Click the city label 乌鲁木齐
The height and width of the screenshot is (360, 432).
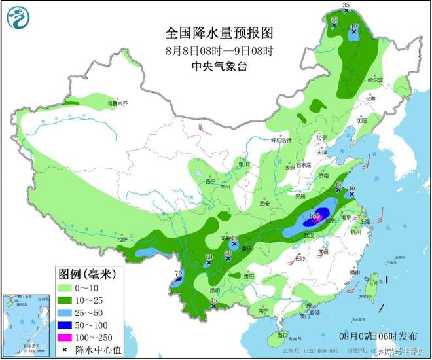coord(118,103)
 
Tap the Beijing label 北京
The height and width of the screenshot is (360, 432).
coord(321,137)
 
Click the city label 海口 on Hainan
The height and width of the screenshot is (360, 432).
coord(282,335)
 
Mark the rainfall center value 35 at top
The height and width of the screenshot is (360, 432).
coord(346,5)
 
